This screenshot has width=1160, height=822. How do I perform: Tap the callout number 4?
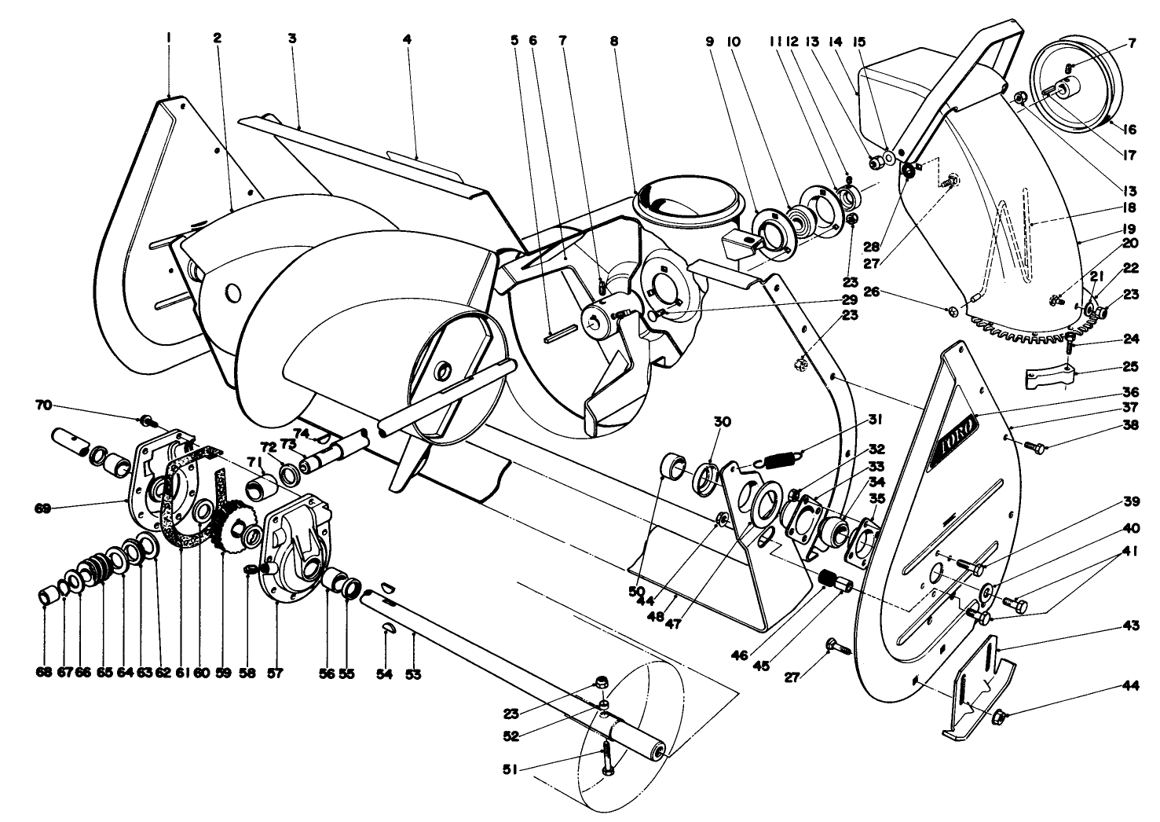[x=407, y=39]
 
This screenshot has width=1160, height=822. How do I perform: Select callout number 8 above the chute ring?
[x=613, y=39]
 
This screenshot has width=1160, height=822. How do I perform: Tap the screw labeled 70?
[x=146, y=419]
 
